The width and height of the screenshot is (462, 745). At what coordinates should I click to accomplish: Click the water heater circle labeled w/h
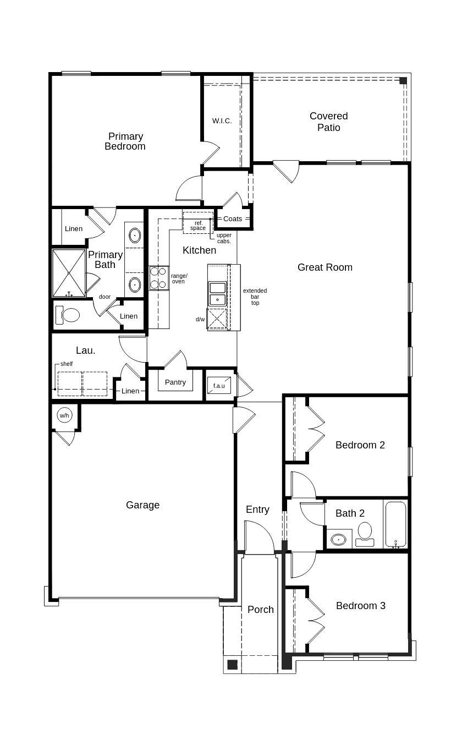tap(64, 415)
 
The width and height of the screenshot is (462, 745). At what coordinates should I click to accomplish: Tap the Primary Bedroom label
tap(125, 141)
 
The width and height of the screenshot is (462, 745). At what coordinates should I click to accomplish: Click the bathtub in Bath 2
tap(395, 524)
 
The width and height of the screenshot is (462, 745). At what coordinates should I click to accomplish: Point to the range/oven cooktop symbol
tap(158, 278)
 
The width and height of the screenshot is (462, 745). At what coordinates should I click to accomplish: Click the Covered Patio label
tap(328, 122)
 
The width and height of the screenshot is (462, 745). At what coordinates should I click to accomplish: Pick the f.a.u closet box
tap(219, 385)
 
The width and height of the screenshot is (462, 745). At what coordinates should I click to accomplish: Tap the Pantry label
tap(175, 382)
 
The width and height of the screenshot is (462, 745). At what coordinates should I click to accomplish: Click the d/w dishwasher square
tap(217, 319)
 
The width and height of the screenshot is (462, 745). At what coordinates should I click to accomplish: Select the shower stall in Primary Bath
tap(69, 273)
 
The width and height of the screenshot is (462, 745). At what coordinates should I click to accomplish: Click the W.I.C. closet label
tap(222, 120)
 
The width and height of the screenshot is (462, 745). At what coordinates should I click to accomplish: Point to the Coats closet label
tap(232, 218)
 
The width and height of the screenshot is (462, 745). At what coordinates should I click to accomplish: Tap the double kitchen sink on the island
tap(217, 293)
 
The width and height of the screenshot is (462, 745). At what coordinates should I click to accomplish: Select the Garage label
tap(142, 505)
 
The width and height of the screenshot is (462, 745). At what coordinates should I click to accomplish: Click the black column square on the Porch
tap(233, 664)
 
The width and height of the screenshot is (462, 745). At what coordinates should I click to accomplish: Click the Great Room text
tap(324, 267)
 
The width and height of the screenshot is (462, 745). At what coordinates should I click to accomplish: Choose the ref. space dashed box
tap(197, 222)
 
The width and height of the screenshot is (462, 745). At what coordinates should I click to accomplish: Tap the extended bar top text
tap(255, 297)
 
